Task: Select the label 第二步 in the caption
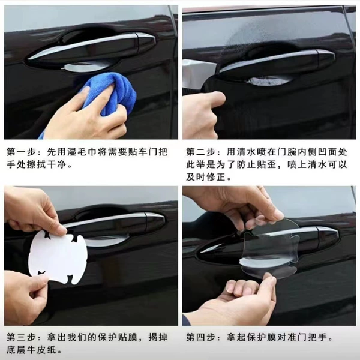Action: pyautogui.click(x=200, y=152)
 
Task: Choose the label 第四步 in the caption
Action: pyautogui.click(x=200, y=337)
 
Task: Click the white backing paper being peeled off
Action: pyautogui.click(x=58, y=258)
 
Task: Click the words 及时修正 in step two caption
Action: pyautogui.click(x=206, y=177)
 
